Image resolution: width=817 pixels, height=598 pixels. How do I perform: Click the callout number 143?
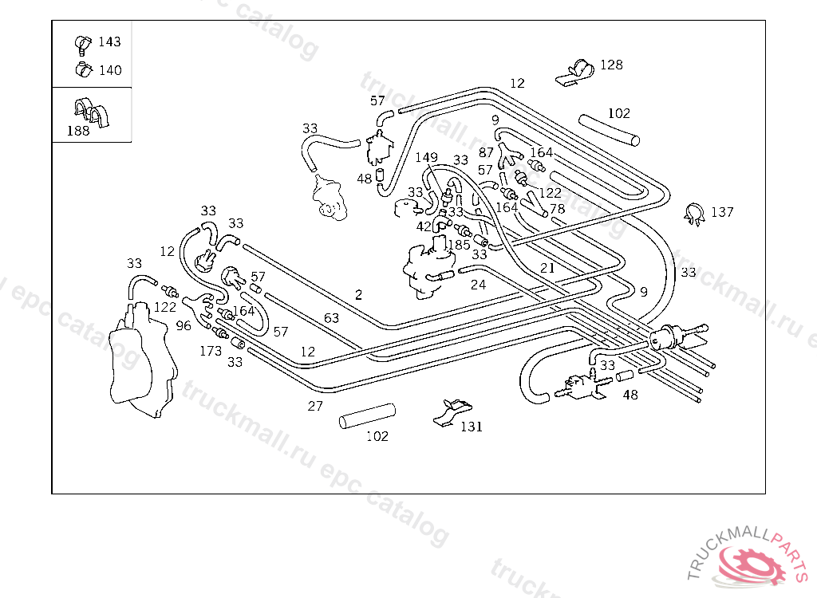(x=109, y=42)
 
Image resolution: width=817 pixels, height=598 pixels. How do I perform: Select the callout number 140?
(x=109, y=70)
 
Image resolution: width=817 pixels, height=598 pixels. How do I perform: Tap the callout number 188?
(x=78, y=132)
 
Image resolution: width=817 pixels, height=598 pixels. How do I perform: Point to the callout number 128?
(x=611, y=65)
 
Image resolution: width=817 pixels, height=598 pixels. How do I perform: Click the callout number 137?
(x=722, y=212)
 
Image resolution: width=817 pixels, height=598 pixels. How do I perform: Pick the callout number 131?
(x=471, y=427)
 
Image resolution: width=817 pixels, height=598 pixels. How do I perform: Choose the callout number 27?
(x=315, y=406)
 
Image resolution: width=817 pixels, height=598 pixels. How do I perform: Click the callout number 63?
(x=331, y=318)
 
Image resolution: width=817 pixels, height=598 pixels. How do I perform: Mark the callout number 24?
(x=478, y=285)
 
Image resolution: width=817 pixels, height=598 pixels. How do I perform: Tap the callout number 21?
(x=547, y=268)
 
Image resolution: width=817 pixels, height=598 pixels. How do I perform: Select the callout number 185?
(x=459, y=245)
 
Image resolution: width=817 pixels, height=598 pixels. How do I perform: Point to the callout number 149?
(x=426, y=157)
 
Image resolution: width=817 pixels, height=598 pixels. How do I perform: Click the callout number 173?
(x=211, y=350)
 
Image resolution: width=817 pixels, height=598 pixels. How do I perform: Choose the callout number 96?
(x=184, y=325)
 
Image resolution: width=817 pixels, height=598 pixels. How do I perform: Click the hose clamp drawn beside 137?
(x=693, y=213)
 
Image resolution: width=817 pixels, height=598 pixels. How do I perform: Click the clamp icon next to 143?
(x=83, y=42)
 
